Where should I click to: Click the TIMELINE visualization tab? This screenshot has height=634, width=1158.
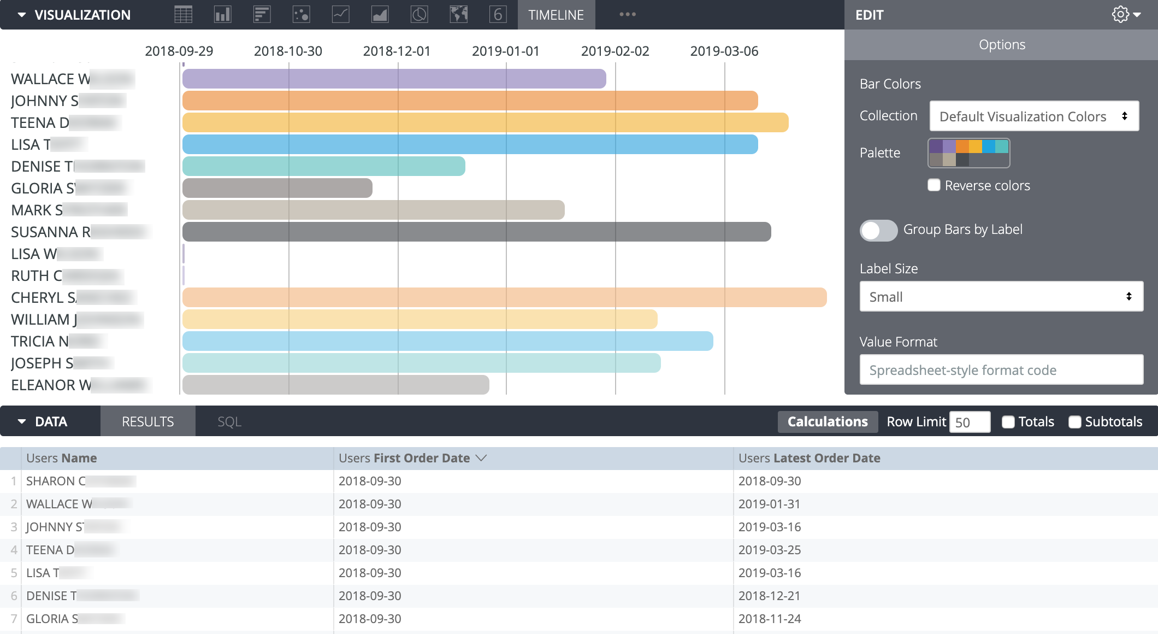556,15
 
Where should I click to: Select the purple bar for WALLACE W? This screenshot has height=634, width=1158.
393,79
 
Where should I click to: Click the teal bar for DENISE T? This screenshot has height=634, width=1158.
323,166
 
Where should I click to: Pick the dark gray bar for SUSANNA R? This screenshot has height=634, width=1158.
476,232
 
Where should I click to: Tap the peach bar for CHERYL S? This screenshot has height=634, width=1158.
504,297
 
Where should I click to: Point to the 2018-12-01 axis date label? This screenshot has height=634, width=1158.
397,51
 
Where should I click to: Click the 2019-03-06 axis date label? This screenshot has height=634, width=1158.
724,51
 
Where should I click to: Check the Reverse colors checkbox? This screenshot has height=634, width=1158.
934,185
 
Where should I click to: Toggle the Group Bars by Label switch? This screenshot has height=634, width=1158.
878,230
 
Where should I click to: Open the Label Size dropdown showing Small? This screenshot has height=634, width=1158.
1001,297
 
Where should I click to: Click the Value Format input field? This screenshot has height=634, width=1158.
1001,370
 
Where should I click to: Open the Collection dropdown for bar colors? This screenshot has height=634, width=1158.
1033,116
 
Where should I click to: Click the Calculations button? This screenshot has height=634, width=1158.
827,422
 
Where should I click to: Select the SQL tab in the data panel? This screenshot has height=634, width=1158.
229,422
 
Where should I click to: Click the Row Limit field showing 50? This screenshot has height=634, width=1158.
969,422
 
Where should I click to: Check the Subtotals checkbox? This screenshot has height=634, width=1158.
1074,422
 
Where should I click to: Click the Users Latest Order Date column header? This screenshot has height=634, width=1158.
809,458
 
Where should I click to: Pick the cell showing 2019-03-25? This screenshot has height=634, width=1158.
769,550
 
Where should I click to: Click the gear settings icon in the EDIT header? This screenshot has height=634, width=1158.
1120,15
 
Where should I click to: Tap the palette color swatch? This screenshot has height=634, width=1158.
968,153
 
